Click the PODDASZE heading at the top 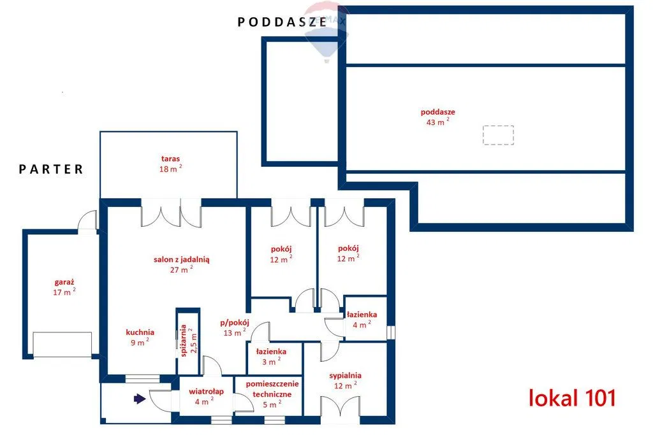(282, 22)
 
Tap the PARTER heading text (51, 169)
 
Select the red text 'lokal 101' (572, 397)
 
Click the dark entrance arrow (140, 399)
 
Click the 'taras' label (170, 159)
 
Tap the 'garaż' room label (64, 282)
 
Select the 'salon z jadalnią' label (182, 259)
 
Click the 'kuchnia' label (140, 332)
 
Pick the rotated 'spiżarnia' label (183, 341)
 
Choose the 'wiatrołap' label (206, 391)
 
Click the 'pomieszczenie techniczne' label (272, 389)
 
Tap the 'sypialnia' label (345, 376)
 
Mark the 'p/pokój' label (235, 323)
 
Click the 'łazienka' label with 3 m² (271, 352)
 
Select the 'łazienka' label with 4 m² (362, 315)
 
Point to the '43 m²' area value (437, 122)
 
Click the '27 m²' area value (181, 269)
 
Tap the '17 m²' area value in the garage (64, 292)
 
